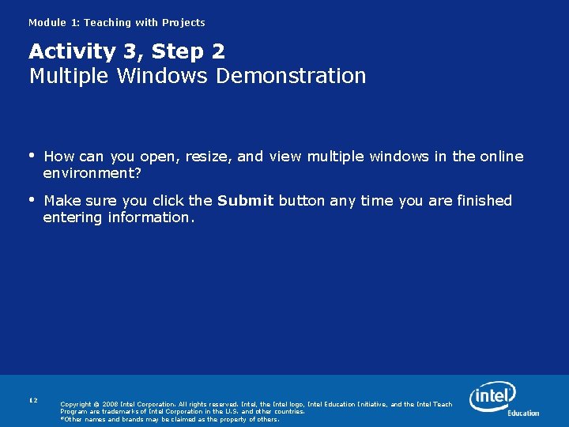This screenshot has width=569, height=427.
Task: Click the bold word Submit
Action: pyautogui.click(x=245, y=201)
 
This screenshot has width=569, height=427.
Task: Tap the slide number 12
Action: pyautogui.click(x=33, y=400)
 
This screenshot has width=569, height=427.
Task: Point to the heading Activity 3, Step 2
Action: pyautogui.click(x=126, y=51)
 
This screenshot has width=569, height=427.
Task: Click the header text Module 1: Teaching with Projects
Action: pyautogui.click(x=116, y=23)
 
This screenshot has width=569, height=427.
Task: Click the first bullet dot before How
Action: pyautogui.click(x=32, y=156)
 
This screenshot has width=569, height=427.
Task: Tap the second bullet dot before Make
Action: pyautogui.click(x=32, y=200)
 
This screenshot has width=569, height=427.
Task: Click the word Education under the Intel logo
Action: pyautogui.click(x=523, y=413)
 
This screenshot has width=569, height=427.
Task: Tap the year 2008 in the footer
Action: pyautogui.click(x=111, y=405)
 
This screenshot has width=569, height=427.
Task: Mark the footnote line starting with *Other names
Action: pyautogui.click(x=170, y=419)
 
